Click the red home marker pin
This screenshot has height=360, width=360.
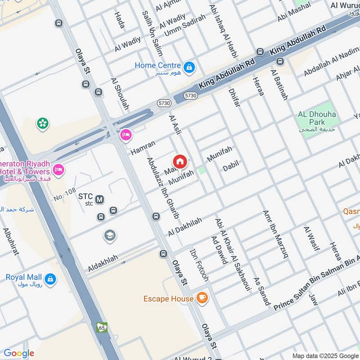pos(180,162)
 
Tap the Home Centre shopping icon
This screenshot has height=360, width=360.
pos(189,67)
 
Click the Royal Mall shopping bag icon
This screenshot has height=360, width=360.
pos(50,279)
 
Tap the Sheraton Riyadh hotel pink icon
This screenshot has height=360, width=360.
pos(58,170)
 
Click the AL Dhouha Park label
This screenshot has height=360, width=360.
pos(317,118)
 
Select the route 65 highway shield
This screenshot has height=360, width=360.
pos(102,327)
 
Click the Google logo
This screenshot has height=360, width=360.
pos(19,353)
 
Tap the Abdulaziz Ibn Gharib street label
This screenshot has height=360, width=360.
pos(163,188)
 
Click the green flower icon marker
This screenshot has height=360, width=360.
pos(43,123)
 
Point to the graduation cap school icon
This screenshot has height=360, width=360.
pos(109,235)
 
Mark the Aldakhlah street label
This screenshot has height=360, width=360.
pos(103,263)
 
